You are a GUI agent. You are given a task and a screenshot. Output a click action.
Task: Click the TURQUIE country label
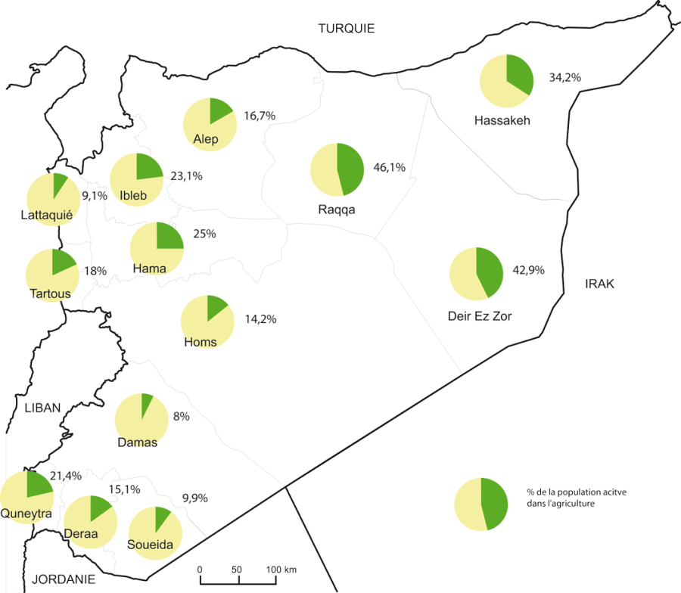347,29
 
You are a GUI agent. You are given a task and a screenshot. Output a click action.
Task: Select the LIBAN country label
42,408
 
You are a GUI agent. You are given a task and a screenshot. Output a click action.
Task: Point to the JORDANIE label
64,579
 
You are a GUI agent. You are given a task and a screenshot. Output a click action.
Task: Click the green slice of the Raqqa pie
350,168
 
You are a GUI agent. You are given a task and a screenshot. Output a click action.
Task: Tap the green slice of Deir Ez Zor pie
490,270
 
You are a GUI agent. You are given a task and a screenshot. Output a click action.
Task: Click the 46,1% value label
390,167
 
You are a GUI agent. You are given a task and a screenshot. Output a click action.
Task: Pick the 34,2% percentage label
564,77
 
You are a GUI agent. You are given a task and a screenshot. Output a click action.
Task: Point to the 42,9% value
530,269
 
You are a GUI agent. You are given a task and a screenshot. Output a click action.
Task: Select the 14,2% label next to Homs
260,319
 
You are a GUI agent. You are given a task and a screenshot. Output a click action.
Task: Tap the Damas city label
138,442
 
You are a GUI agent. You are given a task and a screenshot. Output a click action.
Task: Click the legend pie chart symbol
480,505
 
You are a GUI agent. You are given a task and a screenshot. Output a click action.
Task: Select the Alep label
206,139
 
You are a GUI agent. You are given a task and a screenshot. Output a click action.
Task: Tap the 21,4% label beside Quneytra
64,476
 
